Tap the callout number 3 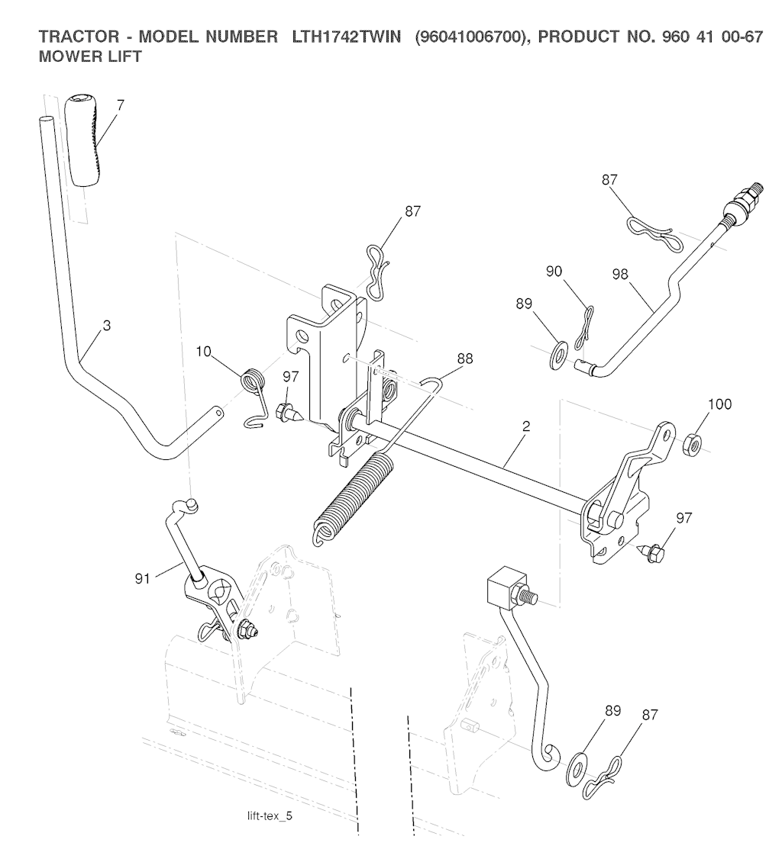(x=107, y=326)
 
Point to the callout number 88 (x=464, y=358)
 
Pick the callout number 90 (x=555, y=272)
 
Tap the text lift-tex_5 (x=270, y=816)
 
